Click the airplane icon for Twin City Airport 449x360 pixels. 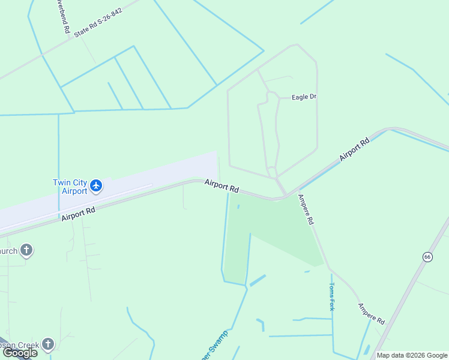tap(96, 187)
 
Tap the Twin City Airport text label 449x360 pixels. tap(70, 187)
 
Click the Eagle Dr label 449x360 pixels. tap(304, 97)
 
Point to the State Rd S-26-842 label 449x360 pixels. tap(98, 23)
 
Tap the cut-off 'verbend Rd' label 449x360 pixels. tap(64, 16)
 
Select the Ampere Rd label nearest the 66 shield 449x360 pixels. tap(371, 314)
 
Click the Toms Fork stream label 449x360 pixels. tap(331, 296)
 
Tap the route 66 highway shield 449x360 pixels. tap(427, 257)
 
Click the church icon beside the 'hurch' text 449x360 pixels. tap(26, 250)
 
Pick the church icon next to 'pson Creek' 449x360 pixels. tap(48, 344)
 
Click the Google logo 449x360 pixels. tap(20, 353)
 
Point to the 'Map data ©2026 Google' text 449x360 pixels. tap(412, 355)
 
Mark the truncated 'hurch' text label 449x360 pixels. tap(9, 250)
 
